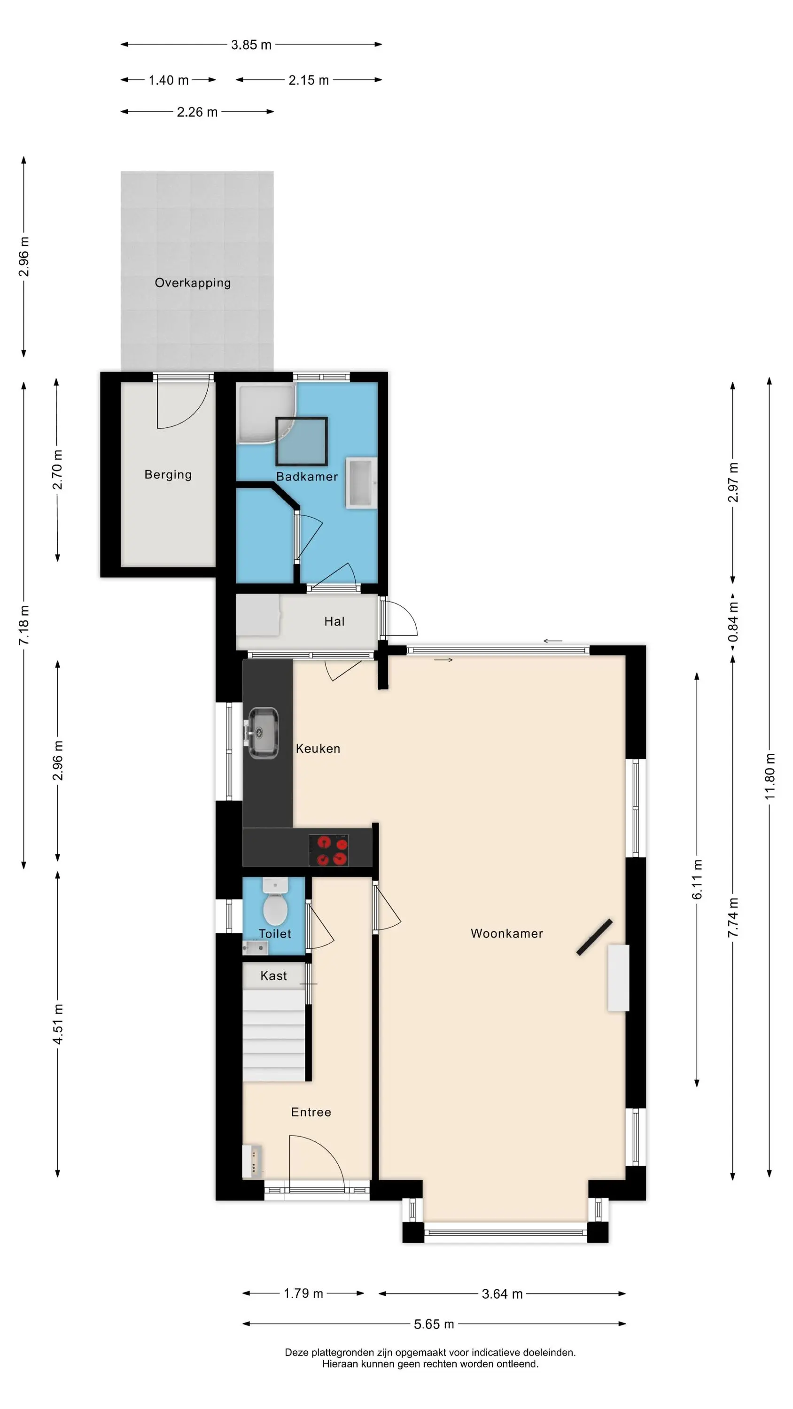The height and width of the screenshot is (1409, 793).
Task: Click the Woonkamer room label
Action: click(507, 934)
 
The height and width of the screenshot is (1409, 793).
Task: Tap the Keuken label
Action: click(318, 749)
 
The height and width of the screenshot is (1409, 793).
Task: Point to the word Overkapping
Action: click(193, 283)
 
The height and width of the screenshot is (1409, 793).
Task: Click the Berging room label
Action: click(168, 475)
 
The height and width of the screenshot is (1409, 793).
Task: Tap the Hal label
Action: click(334, 621)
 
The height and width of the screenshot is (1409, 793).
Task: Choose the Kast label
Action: click(273, 976)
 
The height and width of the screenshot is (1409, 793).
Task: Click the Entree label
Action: click(311, 1112)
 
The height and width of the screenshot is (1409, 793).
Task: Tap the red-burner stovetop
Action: click(328, 851)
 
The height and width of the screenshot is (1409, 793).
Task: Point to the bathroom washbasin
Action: click(361, 484)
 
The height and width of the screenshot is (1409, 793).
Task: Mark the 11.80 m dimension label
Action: click(770, 777)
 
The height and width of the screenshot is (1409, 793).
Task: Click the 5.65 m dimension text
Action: click(434, 1324)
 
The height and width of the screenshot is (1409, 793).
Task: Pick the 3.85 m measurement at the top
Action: click(251, 45)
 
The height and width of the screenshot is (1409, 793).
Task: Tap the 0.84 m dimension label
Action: click(733, 622)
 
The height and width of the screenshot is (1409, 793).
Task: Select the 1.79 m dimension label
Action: click(303, 1293)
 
